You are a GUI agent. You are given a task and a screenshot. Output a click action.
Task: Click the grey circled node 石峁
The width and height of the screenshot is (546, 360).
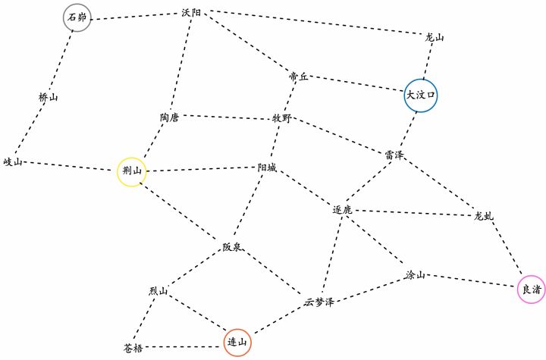(77, 17)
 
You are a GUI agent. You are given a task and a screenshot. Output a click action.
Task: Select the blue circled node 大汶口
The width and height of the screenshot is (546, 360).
(421, 95)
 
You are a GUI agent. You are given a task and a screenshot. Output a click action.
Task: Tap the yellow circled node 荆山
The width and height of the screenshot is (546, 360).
(132, 171)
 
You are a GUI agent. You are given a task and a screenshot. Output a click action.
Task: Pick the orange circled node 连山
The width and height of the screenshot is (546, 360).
(237, 343)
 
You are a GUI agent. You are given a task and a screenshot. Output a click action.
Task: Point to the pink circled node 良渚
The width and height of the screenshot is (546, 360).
(532, 290)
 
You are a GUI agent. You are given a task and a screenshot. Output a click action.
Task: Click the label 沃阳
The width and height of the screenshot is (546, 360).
(191, 13)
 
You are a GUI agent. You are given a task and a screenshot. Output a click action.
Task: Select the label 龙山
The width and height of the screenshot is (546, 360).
(435, 37)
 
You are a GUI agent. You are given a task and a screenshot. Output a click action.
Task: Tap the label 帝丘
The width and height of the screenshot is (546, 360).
(299, 77)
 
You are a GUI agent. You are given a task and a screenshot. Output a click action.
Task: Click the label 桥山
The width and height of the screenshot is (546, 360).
(48, 97)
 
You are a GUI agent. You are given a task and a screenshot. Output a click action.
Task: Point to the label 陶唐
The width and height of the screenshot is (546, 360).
(170, 117)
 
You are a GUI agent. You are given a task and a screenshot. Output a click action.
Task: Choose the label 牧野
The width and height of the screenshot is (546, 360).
(281, 118)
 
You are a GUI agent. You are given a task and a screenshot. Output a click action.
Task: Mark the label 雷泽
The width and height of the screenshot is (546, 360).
(394, 155)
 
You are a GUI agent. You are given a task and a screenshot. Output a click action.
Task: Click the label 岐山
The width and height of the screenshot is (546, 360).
(13, 162)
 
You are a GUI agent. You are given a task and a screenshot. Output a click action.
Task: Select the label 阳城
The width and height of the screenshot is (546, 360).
(267, 167)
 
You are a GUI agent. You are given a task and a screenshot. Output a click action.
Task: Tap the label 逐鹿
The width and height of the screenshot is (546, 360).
(342, 210)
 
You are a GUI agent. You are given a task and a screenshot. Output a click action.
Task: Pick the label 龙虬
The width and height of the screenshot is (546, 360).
(484, 216)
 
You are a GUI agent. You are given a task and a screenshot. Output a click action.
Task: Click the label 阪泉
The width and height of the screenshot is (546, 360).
(232, 247)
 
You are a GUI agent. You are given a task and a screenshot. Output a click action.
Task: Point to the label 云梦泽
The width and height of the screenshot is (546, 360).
(319, 302)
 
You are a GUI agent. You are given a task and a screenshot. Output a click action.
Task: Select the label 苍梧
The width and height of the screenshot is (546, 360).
(133, 348)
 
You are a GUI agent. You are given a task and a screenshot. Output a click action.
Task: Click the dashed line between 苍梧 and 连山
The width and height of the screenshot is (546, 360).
(184, 347)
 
